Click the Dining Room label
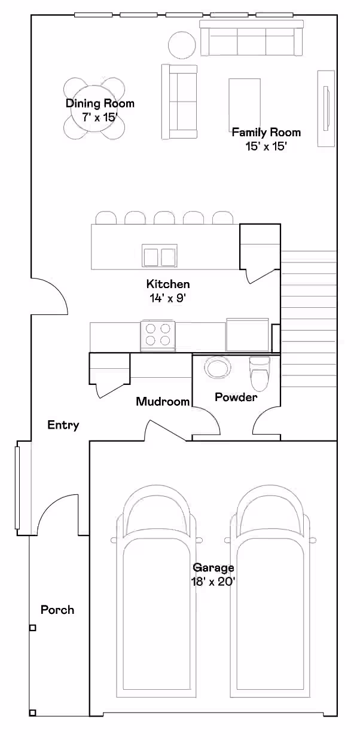tap(100, 103)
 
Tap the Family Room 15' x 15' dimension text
tap(266, 146)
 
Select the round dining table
tap(94, 108)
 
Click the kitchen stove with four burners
tap(158, 336)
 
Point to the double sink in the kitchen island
tap(160, 255)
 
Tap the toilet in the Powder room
tap(260, 374)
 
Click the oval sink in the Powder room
tap(216, 368)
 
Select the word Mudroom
tap(163, 402)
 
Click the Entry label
tap(63, 425)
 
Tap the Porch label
tap(57, 610)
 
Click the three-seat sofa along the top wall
tap(252, 38)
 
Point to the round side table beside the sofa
tap(182, 45)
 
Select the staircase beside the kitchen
tap(309, 319)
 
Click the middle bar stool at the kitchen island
tap(164, 218)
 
